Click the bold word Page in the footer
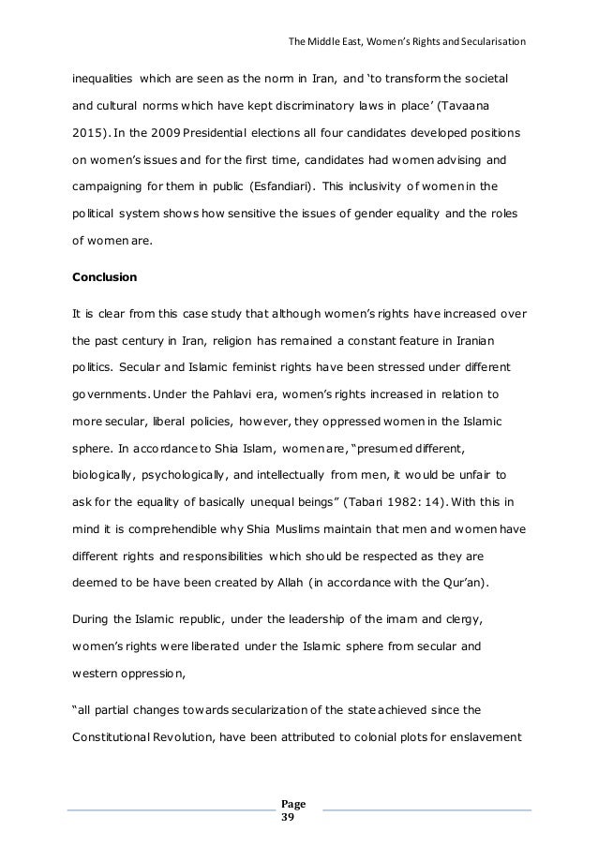(x=293, y=803)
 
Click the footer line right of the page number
(x=426, y=809)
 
